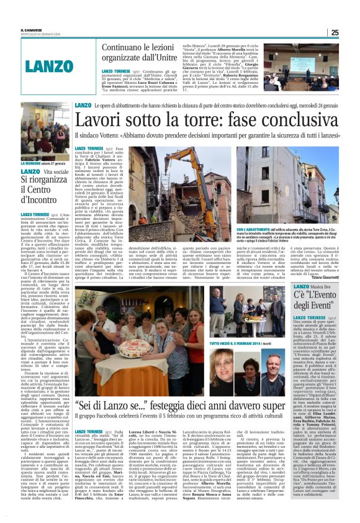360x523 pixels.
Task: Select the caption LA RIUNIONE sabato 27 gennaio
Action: [x=45, y=163]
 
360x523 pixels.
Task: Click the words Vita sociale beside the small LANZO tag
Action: [x=57, y=171]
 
